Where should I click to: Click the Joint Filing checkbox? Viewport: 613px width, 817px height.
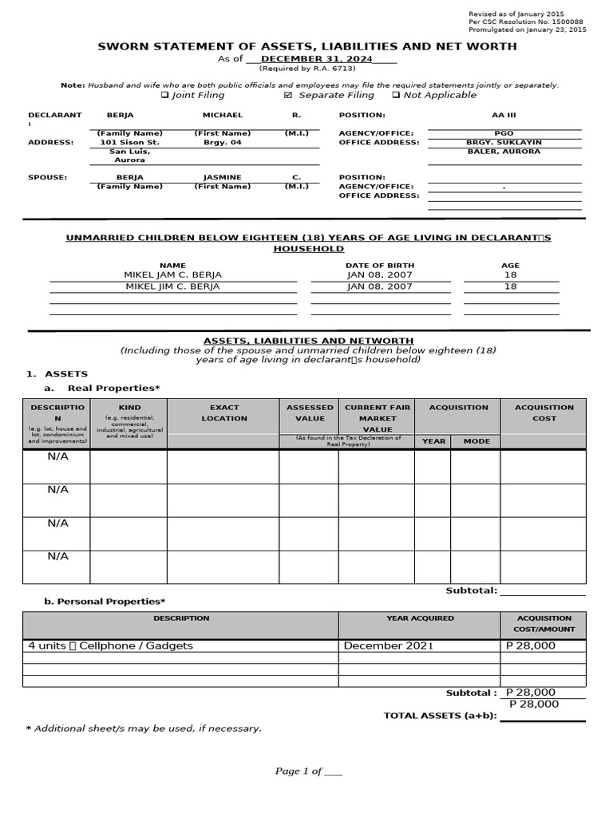pos(164,95)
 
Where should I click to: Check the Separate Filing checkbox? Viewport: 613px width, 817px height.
pos(289,95)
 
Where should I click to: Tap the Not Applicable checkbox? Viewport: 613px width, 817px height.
pos(396,95)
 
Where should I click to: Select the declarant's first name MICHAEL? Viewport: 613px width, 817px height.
pos(222,115)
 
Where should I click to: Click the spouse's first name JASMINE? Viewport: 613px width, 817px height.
pos(222,177)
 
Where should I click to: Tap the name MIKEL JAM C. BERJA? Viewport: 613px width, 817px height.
pos(172,274)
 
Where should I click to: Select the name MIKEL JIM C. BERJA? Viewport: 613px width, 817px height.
pos(172,286)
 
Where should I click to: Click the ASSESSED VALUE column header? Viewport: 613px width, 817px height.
pos(310,412)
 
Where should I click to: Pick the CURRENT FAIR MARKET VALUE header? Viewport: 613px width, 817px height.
pos(377,418)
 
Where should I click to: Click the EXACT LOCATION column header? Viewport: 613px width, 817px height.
pos(224,412)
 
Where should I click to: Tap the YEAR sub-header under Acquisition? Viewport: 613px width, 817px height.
pos(433,441)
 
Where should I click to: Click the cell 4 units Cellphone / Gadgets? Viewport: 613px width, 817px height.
pos(110,645)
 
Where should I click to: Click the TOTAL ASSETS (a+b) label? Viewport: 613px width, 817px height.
pos(440,716)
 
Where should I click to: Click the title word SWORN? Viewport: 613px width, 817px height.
pos(124,46)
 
